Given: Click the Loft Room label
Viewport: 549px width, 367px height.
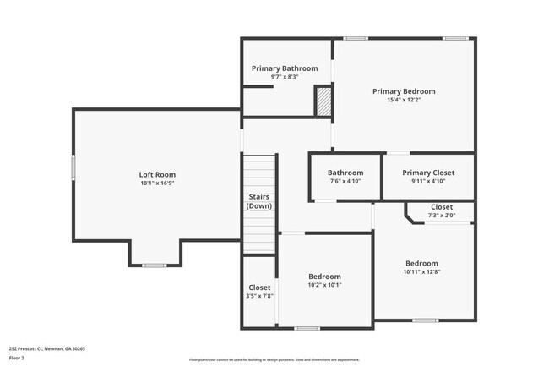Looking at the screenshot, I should click(157, 175).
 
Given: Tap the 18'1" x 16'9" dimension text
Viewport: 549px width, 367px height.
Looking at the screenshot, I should click(157, 183).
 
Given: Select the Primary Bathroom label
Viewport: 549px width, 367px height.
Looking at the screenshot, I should click(285, 68).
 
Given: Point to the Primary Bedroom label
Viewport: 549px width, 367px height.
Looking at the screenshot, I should click(404, 91).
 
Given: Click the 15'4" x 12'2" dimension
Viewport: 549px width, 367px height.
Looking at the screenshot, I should click(404, 100).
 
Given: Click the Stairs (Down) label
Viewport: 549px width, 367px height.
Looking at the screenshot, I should click(259, 201).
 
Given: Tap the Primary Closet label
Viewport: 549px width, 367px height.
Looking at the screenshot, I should click(428, 173).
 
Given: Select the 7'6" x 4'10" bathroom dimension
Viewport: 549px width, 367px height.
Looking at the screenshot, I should click(345, 181).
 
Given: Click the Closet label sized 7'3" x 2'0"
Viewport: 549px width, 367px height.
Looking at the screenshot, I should click(441, 207).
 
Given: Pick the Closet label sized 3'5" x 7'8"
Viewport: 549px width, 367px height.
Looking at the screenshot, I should click(259, 288).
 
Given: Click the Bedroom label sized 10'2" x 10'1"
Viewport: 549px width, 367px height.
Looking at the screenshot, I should click(324, 277).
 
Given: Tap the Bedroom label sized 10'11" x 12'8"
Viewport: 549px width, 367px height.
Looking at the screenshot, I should click(421, 263).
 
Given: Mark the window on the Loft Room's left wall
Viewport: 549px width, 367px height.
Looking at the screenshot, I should click(73, 167).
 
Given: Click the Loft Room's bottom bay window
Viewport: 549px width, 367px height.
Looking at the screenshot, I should click(154, 266).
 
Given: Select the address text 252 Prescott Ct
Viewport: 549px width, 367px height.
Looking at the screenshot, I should click(47, 348).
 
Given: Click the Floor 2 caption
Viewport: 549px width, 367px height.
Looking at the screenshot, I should click(18, 358).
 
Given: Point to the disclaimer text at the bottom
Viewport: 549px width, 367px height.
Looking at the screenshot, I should click(274, 359).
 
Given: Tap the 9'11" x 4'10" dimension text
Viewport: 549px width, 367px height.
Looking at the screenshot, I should click(428, 181).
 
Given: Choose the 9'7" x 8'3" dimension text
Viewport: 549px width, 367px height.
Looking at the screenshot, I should click(285, 77).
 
